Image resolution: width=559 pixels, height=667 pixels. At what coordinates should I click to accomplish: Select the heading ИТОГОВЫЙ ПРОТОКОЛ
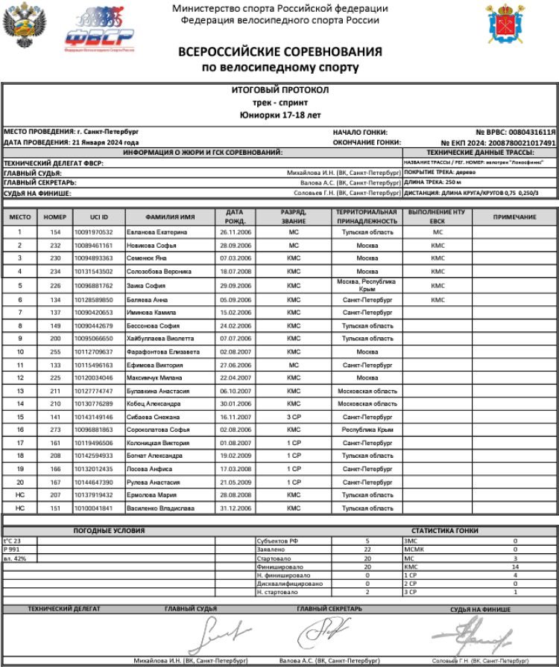(x=279, y=90)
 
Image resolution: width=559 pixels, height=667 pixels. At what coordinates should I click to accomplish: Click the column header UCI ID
(x=99, y=217)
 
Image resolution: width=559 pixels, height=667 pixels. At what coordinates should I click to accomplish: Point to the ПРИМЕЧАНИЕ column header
(x=514, y=217)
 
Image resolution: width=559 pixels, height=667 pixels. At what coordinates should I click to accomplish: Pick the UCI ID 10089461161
(x=93, y=245)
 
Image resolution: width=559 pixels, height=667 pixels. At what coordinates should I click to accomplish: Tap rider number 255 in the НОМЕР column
(x=55, y=351)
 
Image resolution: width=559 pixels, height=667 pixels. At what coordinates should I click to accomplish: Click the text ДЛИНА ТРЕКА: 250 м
(x=435, y=181)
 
